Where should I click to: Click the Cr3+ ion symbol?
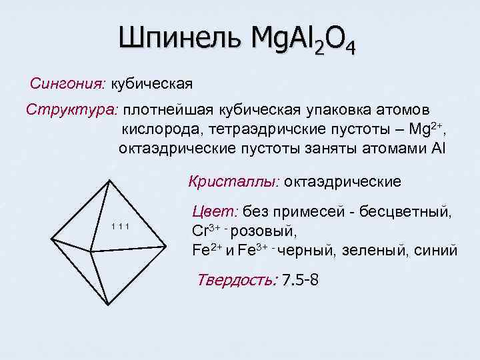pyautogui.click(x=204, y=232)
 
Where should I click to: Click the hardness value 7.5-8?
pyautogui.click(x=301, y=279)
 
